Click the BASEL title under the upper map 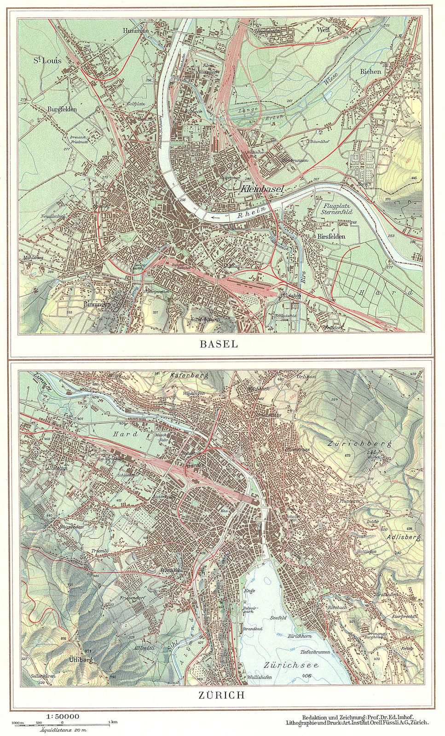point(219,344)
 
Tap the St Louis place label point(47,60)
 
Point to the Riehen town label point(370,71)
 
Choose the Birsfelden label point(331,236)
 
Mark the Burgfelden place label point(62,109)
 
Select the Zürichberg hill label point(359,444)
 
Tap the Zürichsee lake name point(291,666)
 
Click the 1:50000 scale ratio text point(63,716)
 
